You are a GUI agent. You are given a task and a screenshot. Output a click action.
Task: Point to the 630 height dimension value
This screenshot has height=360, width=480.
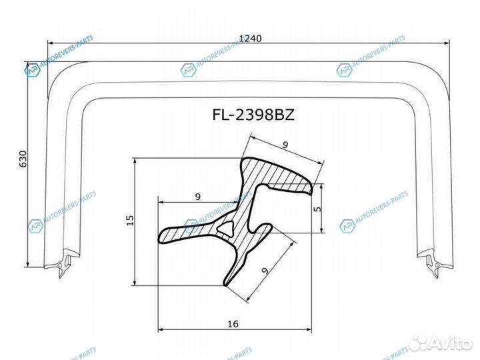[22, 159]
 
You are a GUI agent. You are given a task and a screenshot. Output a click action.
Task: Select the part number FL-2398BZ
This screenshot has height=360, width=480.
[253, 115]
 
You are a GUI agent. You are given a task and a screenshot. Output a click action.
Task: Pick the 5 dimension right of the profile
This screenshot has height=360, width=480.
[318, 208]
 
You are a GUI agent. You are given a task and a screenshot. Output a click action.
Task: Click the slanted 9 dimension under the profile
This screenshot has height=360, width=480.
[265, 271]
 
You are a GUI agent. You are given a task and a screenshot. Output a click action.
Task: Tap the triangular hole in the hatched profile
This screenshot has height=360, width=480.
[225, 229]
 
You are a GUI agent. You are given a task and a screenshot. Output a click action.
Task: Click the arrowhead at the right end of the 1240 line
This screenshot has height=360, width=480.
[448, 43]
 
